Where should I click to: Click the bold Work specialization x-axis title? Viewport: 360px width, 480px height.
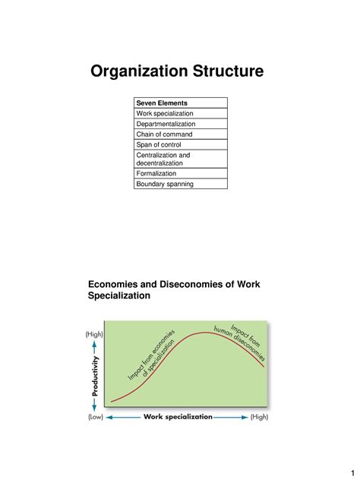[x=178, y=417]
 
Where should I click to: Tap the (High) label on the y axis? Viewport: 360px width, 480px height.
[x=95, y=334]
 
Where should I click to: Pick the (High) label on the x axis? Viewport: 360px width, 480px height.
[x=259, y=417]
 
